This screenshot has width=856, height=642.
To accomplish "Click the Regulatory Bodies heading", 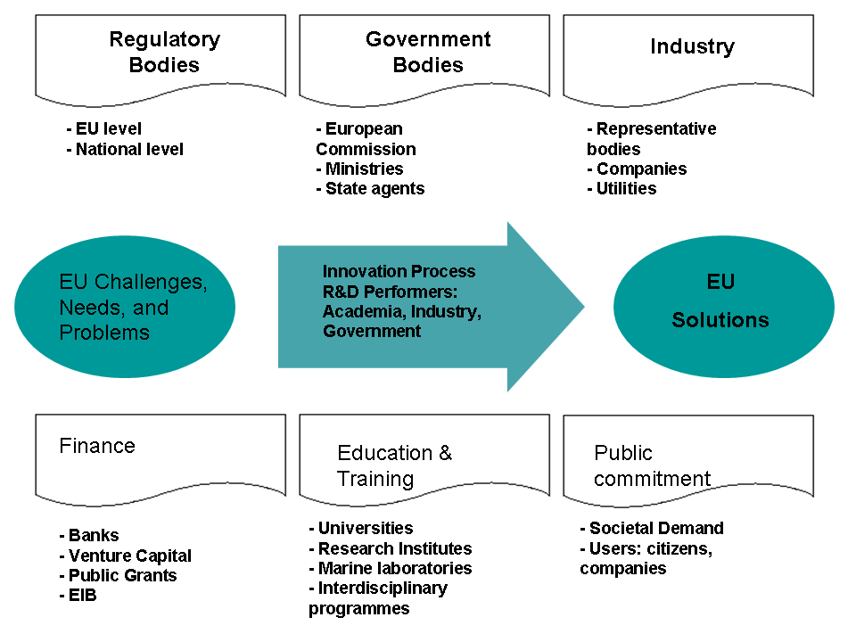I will [x=164, y=53].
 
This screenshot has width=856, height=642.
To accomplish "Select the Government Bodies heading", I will [x=428, y=53].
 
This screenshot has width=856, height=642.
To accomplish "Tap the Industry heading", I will [x=692, y=46].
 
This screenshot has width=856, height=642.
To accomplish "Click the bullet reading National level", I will [x=125, y=149].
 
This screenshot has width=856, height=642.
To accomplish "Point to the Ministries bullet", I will [x=359, y=169].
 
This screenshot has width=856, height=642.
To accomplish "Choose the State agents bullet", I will [x=370, y=188].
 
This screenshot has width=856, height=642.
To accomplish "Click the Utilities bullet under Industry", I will [x=621, y=188].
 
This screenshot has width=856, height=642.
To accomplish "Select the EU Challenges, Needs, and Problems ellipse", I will [x=125, y=307].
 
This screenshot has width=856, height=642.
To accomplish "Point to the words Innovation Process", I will [x=399, y=271].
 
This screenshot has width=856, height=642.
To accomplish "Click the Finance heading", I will [x=97, y=446].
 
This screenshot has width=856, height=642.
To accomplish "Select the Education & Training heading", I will [x=394, y=465].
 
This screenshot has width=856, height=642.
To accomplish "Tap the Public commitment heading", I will [x=652, y=465].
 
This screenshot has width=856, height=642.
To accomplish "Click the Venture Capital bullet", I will [x=125, y=556].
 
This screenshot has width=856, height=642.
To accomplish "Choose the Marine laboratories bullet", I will [x=391, y=568].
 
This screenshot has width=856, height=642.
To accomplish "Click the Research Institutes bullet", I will [x=391, y=548].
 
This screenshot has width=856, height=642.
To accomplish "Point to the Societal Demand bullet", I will [x=652, y=528].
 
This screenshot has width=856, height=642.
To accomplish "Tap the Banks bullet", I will [x=89, y=536].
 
